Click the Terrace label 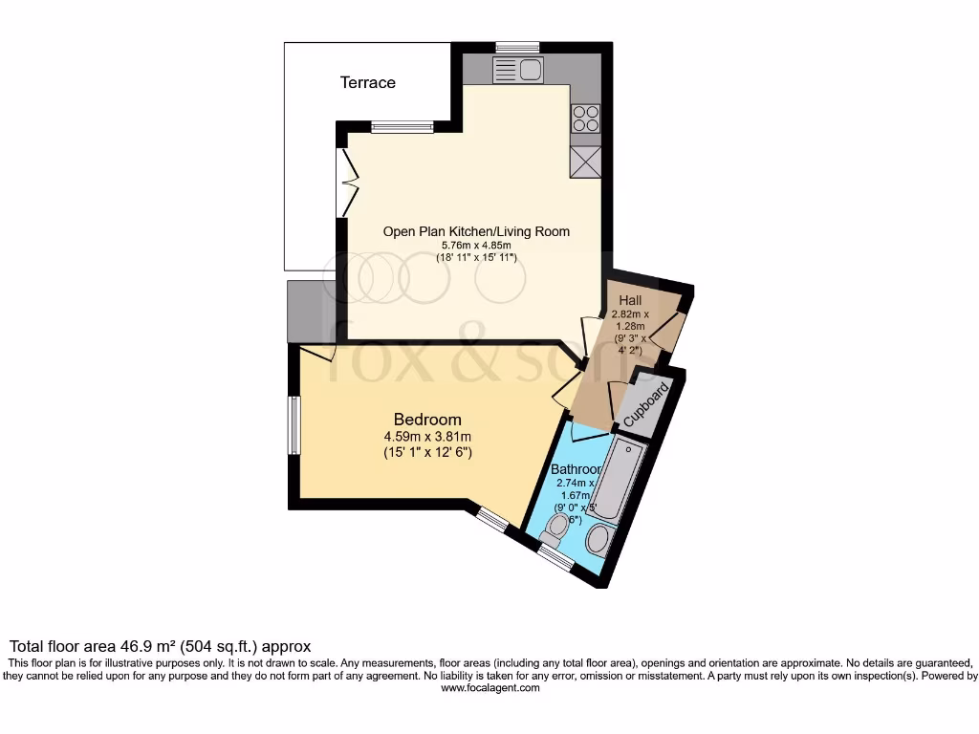tap(368, 82)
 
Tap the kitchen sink tap(517, 69)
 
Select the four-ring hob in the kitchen tap(585, 119)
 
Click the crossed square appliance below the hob tap(585, 162)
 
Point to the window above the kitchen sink tap(517, 47)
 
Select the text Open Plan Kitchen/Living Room tap(476, 231)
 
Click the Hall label tap(630, 301)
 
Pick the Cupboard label tap(645, 407)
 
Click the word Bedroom tap(427, 420)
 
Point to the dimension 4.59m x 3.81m tap(427, 437)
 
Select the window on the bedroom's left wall tap(295, 425)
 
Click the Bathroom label tap(576, 469)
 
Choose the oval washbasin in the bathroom tap(598, 540)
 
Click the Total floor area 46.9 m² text tap(160, 646)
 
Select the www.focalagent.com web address tap(489, 688)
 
